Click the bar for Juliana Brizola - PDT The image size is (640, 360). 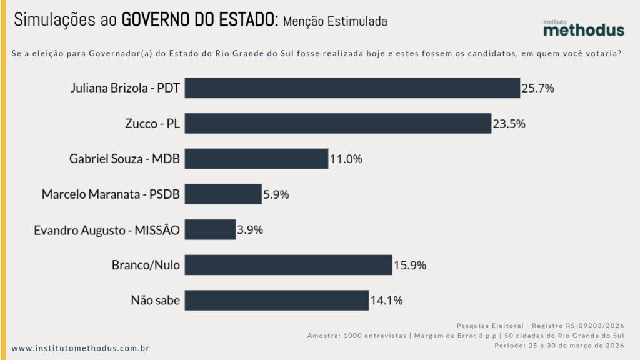click(x=352, y=88)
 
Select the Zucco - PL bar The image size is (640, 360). click(x=337, y=123)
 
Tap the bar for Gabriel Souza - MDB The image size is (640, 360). click(x=256, y=159)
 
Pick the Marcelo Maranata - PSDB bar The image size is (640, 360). click(x=223, y=194)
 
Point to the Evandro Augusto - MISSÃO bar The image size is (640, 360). click(x=210, y=229)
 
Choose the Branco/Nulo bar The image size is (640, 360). click(x=288, y=265)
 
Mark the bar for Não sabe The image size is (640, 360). click(x=276, y=300)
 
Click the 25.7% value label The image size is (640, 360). click(x=538, y=88)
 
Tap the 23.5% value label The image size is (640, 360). click(x=509, y=124)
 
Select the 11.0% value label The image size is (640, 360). click(x=346, y=159)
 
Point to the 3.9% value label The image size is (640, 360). click(x=250, y=229)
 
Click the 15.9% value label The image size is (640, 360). click(x=410, y=265)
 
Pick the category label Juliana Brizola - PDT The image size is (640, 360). click(x=125, y=88)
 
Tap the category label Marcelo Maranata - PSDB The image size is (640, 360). click(x=111, y=194)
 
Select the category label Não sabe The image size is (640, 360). click(x=155, y=301)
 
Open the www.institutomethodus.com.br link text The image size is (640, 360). click(x=81, y=347)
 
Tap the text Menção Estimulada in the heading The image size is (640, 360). click(x=335, y=21)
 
